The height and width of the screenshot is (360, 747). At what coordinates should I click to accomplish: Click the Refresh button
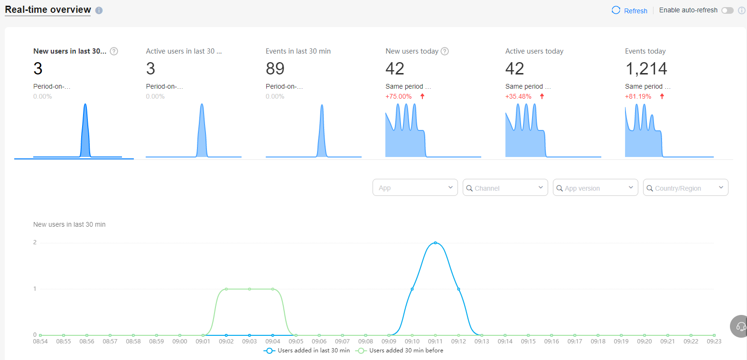630,10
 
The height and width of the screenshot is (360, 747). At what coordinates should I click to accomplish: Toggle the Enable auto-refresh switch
727,10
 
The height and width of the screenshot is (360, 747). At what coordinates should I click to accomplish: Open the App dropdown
415,188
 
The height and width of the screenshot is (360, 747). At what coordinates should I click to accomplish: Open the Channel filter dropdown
505,188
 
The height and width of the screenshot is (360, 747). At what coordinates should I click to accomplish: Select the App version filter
595,188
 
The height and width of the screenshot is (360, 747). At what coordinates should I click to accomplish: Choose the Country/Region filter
685,188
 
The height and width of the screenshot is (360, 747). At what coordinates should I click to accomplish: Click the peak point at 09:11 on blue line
435,243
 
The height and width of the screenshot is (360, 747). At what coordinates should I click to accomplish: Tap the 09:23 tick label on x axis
714,342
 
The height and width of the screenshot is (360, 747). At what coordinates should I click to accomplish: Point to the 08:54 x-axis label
40,342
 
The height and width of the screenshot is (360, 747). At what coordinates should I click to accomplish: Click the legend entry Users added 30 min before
401,351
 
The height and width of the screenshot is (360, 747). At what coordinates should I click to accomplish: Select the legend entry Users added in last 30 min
308,351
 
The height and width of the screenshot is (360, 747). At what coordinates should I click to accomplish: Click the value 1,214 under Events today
646,69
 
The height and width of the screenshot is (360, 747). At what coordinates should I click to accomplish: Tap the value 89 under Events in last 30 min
275,69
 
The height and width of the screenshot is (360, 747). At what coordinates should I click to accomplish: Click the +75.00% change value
399,96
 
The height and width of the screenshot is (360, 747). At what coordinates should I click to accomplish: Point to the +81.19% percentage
638,96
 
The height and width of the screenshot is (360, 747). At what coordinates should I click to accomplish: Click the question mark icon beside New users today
445,51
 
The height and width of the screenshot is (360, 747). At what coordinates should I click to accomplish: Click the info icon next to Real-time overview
99,10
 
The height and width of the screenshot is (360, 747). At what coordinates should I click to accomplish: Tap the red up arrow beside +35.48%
542,96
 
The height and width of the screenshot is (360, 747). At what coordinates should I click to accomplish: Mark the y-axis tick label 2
35,242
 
